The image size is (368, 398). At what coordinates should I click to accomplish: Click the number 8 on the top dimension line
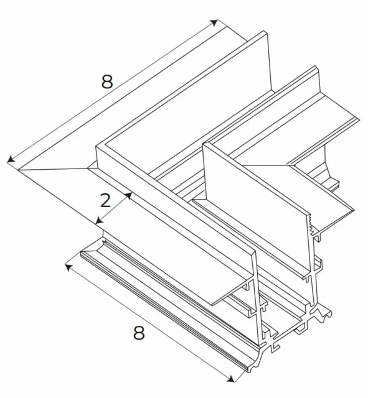(x=106, y=81)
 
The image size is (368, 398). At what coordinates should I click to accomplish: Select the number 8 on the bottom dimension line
(x=138, y=333)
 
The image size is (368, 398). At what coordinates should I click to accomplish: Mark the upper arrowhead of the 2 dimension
(x=129, y=195)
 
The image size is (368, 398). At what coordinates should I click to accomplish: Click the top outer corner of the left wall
(x=96, y=147)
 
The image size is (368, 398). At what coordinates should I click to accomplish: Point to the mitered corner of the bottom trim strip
(x=87, y=250)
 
